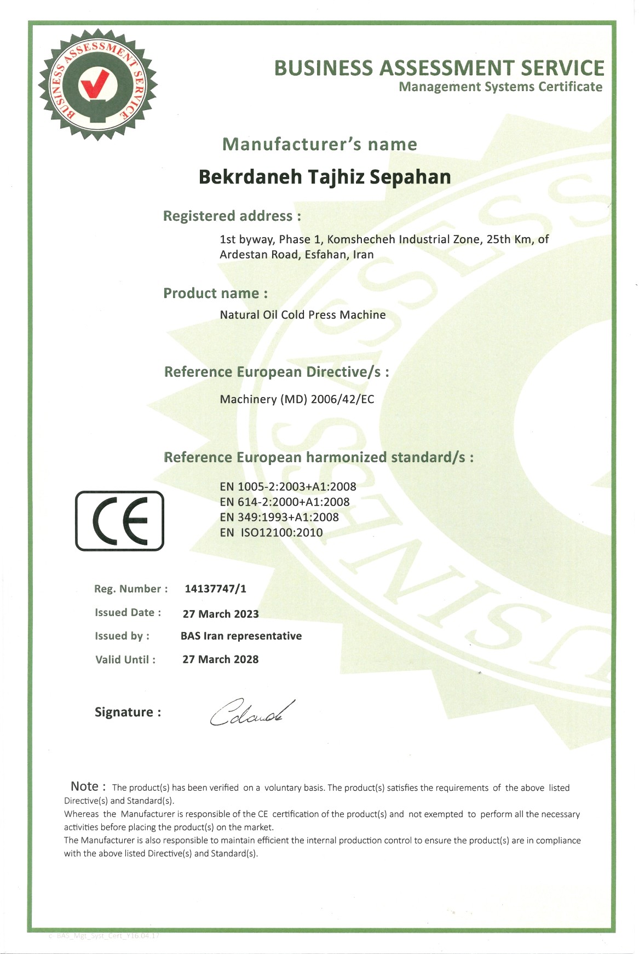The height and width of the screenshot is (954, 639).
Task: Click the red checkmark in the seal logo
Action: click(x=97, y=84)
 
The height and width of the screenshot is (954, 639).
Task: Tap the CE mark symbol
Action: click(x=119, y=520)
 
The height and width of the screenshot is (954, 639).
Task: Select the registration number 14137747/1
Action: click(x=215, y=589)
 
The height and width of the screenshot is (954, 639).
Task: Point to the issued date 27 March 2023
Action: click(x=221, y=614)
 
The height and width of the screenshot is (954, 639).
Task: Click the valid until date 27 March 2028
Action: click(x=220, y=659)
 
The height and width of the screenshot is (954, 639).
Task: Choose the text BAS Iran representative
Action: click(x=241, y=636)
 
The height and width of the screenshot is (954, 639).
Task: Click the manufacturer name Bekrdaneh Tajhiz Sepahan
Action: click(x=325, y=177)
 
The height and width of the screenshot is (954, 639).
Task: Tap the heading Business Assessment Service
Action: click(x=439, y=68)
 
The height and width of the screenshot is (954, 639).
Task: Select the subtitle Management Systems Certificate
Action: click(x=500, y=87)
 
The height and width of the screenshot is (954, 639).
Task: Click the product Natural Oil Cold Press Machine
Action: click(x=303, y=315)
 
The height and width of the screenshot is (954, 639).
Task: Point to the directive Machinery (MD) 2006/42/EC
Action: click(x=297, y=399)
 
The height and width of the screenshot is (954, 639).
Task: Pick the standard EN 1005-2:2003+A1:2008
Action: click(x=288, y=486)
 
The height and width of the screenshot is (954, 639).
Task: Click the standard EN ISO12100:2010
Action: click(x=271, y=532)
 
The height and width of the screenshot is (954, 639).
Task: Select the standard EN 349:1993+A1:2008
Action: click(x=279, y=517)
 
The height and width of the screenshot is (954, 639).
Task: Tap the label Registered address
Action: click(x=232, y=216)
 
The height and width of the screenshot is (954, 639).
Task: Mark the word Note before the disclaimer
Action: click(x=85, y=786)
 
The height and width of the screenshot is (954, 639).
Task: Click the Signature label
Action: click(x=128, y=712)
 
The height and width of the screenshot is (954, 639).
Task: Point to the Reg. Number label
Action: click(x=131, y=589)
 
